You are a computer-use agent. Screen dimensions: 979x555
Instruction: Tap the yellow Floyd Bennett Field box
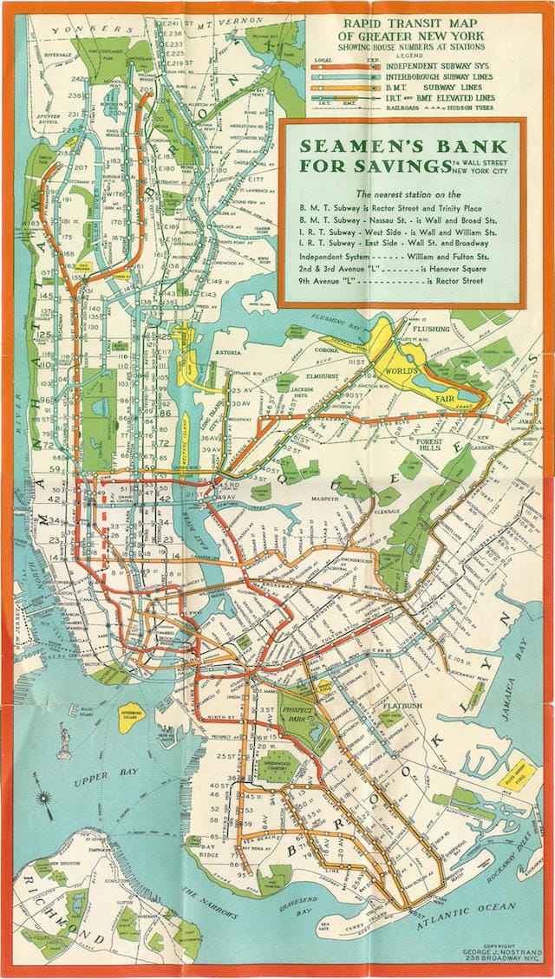pos(519,769)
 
